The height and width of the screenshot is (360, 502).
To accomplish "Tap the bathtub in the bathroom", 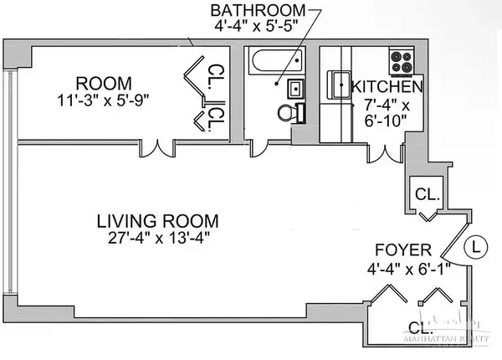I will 275,62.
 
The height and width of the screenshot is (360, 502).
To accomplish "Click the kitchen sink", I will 341,85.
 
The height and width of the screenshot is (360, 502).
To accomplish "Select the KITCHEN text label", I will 387,86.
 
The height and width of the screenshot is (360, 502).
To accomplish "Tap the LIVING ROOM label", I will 157,221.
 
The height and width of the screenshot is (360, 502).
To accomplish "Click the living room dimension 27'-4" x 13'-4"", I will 157,238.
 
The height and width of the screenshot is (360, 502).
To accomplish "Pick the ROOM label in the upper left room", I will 103,83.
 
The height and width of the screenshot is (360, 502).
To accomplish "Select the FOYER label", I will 403,249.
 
